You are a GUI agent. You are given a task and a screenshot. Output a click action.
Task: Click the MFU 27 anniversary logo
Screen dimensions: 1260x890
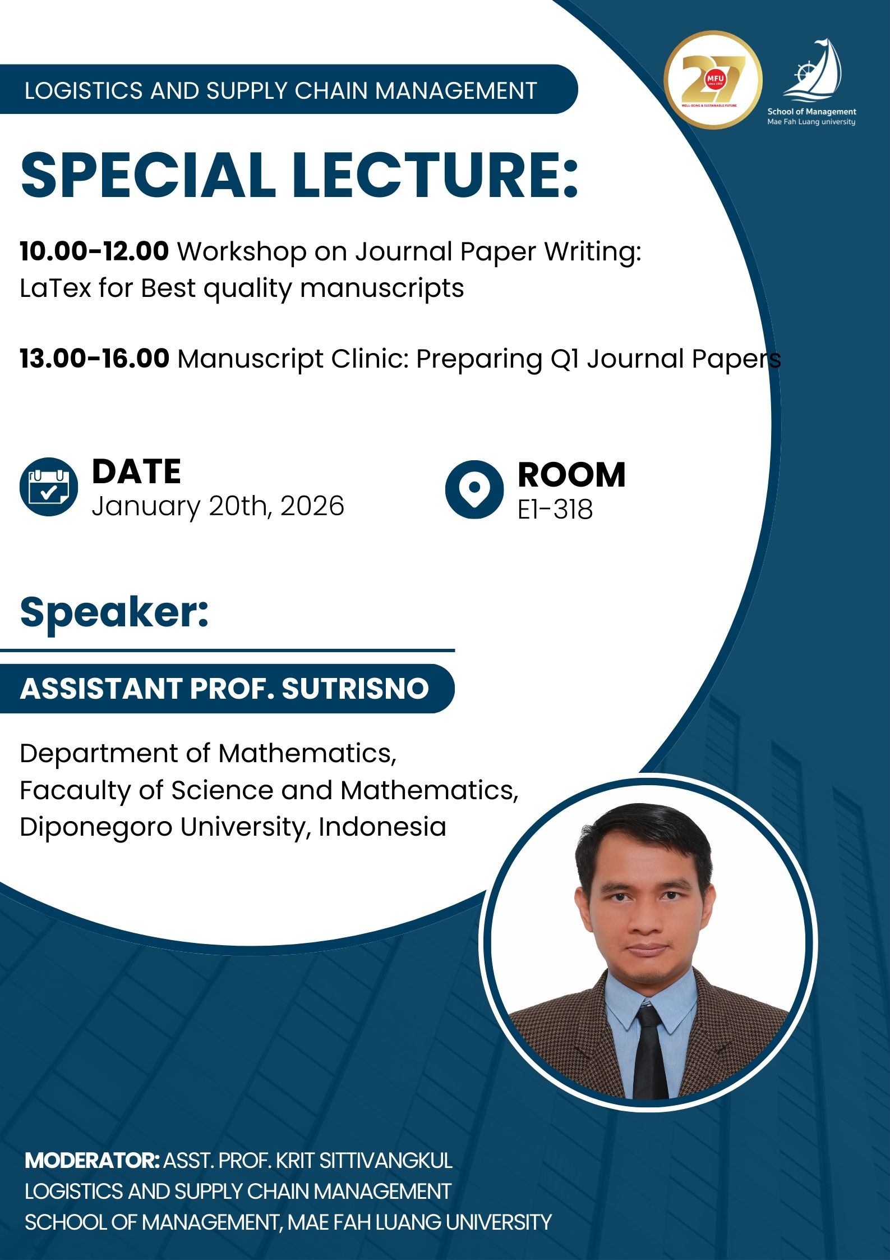tap(713, 80)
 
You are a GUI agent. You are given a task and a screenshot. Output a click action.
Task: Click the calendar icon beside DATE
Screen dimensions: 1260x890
tap(49, 487)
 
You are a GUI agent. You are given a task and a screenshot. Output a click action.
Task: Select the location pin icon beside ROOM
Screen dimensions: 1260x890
tap(474, 489)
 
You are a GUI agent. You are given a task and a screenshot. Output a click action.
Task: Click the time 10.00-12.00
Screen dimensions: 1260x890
tap(94, 251)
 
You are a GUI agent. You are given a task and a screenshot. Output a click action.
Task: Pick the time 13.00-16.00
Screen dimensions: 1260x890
tap(94, 358)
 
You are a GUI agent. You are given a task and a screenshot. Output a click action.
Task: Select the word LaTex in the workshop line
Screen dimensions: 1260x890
tap(55, 288)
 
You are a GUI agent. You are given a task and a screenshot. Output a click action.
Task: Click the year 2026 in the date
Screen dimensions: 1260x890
tap(312, 506)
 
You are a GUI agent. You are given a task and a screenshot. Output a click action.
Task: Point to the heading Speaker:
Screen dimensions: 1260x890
tap(114, 612)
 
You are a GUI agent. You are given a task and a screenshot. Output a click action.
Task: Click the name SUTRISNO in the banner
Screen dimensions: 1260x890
tap(355, 688)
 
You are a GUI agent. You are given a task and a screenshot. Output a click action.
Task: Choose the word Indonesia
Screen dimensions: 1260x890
tap(382, 827)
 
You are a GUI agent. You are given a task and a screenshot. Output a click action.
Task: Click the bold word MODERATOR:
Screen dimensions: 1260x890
tap(93, 1161)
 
